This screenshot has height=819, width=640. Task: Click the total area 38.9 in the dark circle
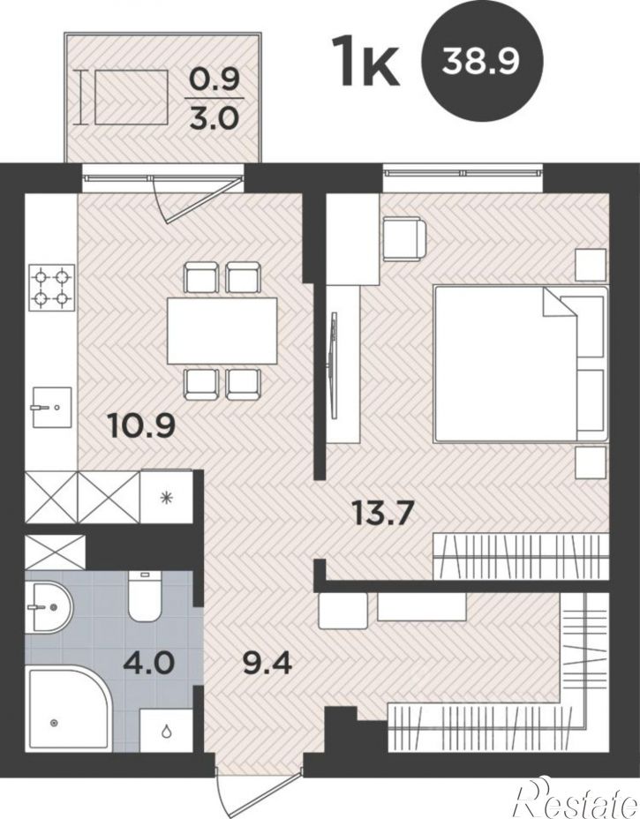480,62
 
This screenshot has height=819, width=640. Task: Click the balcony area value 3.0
215,118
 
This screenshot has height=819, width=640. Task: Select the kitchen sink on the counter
51,407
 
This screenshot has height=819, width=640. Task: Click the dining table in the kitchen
222,330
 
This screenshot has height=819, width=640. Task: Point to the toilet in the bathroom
145,596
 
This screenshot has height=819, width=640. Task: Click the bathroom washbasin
49,607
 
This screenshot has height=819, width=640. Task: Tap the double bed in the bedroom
521,364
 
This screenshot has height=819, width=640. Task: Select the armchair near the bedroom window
404,239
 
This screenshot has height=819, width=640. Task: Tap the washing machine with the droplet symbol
166,731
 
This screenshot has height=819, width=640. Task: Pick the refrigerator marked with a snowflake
167,497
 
